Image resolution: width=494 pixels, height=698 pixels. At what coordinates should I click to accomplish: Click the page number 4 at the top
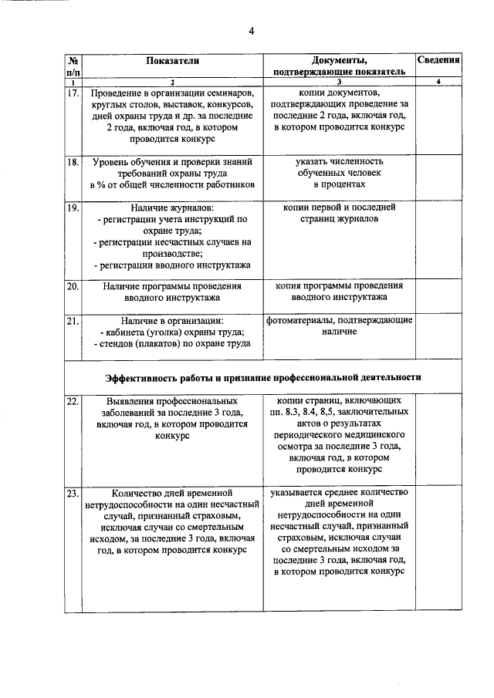point(251,31)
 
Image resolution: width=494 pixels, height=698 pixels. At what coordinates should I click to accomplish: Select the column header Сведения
point(438,59)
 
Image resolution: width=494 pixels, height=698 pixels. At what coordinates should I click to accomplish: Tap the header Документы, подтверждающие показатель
point(339,66)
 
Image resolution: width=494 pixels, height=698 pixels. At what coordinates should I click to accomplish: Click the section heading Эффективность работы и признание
point(263,377)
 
